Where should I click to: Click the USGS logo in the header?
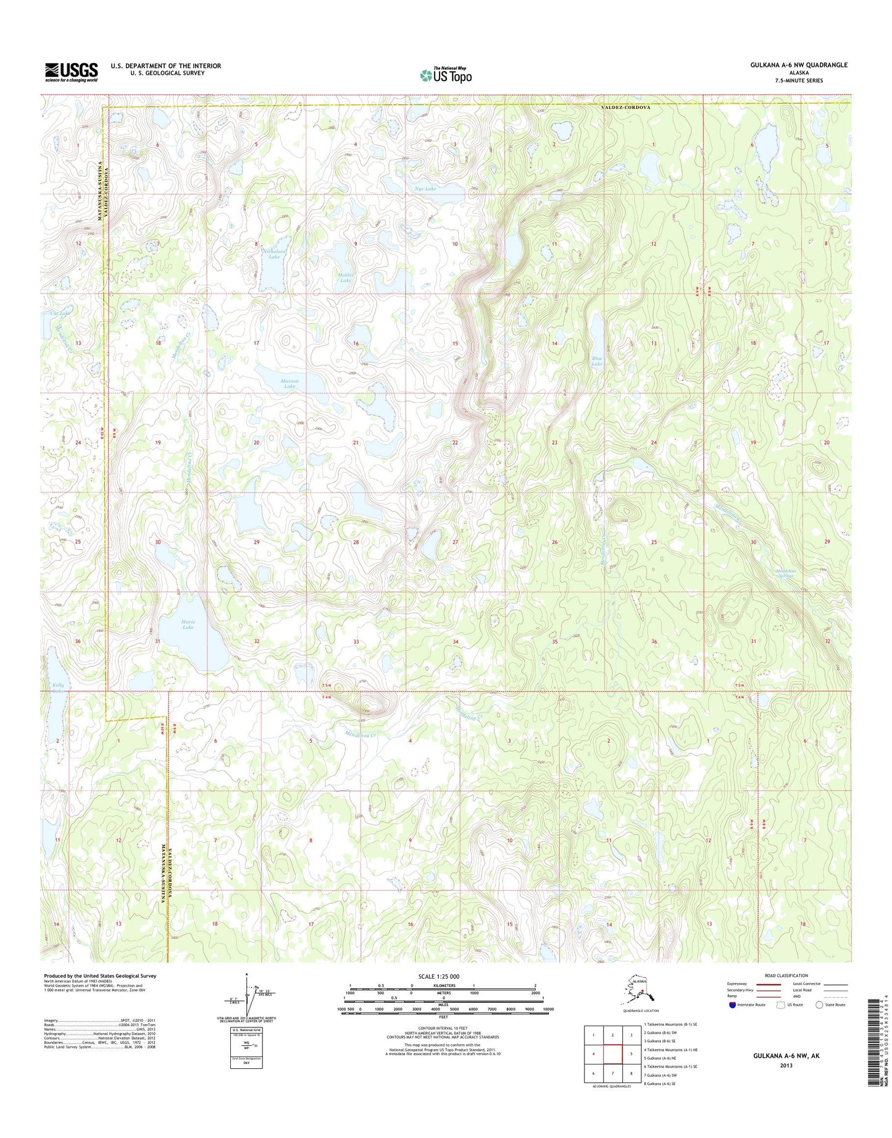click(x=71, y=72)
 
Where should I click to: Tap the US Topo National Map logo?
click(x=446, y=75)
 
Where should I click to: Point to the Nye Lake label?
click(x=426, y=188)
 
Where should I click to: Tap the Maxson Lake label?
click(x=290, y=384)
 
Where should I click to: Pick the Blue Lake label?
click(x=597, y=361)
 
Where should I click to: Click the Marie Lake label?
click(x=188, y=624)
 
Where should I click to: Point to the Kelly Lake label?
click(x=59, y=688)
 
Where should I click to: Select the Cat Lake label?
click(x=60, y=314)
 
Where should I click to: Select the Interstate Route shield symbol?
click(x=732, y=1005)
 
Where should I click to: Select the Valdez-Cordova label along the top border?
click(x=626, y=107)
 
